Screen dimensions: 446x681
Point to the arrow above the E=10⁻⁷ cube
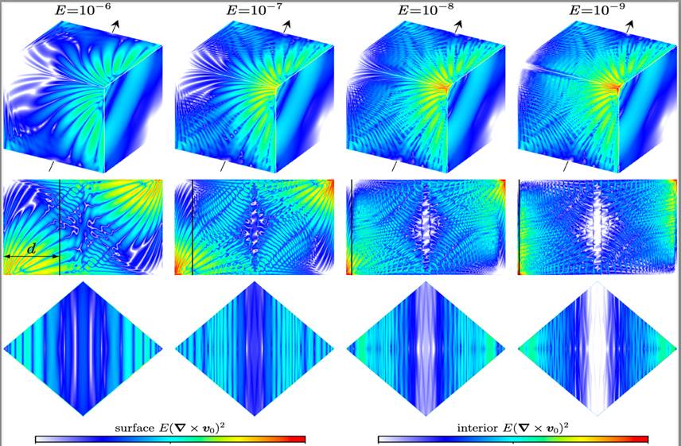[289, 25]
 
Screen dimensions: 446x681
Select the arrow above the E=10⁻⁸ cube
[460, 25]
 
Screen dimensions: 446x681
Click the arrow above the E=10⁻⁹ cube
[631, 25]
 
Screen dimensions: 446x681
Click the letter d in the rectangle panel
[31, 250]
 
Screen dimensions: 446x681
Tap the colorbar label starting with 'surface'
[170, 429]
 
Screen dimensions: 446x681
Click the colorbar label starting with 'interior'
[513, 429]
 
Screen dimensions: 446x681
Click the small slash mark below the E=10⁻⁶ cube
[52, 167]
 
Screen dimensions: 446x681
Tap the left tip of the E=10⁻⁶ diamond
[6, 348]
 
